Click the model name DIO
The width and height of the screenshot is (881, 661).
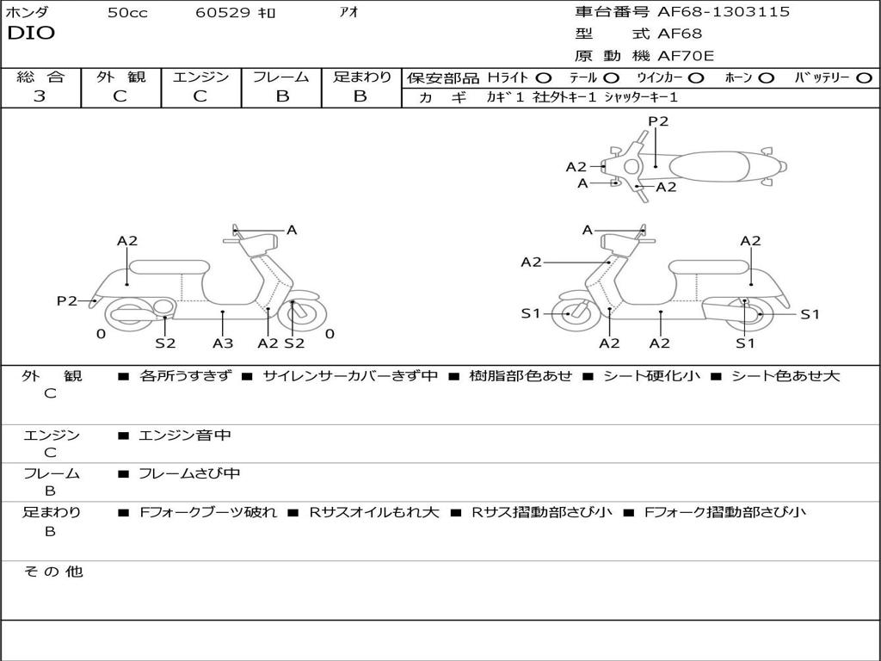click(x=31, y=34)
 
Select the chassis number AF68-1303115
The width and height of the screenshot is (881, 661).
click(x=723, y=12)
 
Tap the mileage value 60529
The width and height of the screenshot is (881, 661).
click(x=223, y=13)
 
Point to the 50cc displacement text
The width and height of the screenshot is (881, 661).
click(x=127, y=13)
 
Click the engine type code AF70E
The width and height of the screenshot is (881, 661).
click(x=686, y=57)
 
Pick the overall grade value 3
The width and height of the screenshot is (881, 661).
click(x=40, y=96)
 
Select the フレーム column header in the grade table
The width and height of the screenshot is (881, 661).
click(x=281, y=77)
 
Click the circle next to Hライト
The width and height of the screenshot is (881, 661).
click(x=544, y=77)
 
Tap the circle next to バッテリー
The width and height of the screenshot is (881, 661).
click(x=864, y=77)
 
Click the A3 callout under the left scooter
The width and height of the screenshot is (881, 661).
click(x=223, y=343)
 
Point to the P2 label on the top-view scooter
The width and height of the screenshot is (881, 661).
click(x=658, y=121)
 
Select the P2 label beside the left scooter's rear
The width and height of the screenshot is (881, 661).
click(x=66, y=300)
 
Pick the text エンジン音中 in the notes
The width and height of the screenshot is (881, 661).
click(x=185, y=436)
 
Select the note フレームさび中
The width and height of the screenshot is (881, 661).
click(x=189, y=473)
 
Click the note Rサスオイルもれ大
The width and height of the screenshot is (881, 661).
click(x=374, y=512)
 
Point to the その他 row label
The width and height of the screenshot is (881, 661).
click(x=52, y=571)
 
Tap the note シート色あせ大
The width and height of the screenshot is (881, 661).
click(x=786, y=375)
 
